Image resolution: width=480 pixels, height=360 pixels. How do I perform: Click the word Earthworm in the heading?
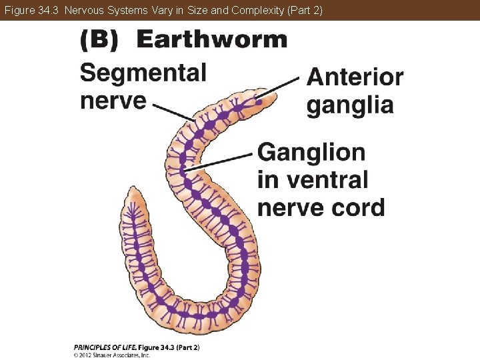pos(211,40)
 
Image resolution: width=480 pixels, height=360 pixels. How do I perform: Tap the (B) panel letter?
pos(99,41)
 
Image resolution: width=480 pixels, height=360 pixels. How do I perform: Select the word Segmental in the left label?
pos(143,73)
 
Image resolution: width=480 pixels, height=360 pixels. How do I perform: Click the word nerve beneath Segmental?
pos(113,101)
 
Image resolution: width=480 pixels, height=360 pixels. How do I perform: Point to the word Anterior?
pos(355,77)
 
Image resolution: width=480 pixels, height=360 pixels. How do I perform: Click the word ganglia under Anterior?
pos(350,105)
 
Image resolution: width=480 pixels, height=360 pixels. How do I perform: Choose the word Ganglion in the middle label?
pos(311,153)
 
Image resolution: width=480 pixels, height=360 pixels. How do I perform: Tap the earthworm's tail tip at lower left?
pos(133,193)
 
